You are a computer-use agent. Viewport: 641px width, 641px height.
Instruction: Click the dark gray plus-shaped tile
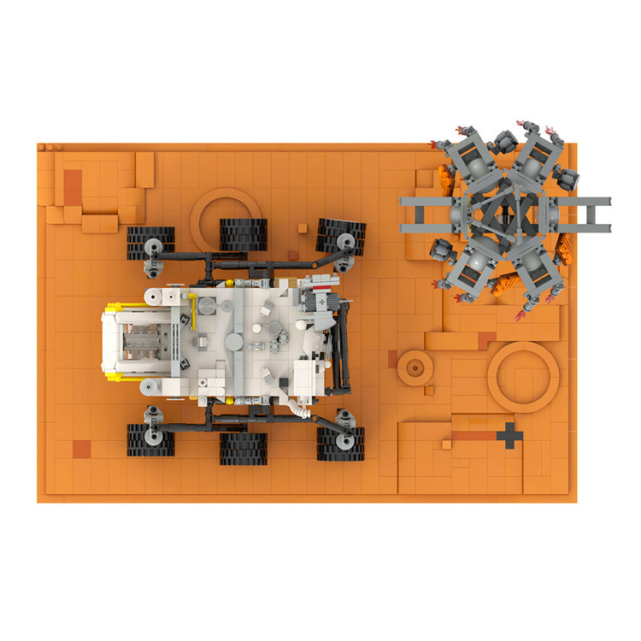[509, 435]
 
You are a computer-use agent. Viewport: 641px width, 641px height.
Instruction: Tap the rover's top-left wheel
[151, 243]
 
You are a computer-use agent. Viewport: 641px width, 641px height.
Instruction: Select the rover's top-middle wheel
[244, 234]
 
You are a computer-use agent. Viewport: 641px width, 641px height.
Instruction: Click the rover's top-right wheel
[342, 236]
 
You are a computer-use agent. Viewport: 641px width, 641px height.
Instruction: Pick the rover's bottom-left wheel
[150, 440]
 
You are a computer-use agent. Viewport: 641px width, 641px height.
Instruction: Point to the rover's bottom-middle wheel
[244, 449]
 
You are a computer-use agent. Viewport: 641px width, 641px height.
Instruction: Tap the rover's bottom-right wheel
[340, 444]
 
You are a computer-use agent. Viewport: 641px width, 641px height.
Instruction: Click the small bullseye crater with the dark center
[415, 368]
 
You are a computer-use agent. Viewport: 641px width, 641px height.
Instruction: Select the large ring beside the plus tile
[523, 377]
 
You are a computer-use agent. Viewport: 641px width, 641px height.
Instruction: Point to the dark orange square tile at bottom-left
[82, 449]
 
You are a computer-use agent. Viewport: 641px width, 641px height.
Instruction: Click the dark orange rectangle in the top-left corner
[73, 187]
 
